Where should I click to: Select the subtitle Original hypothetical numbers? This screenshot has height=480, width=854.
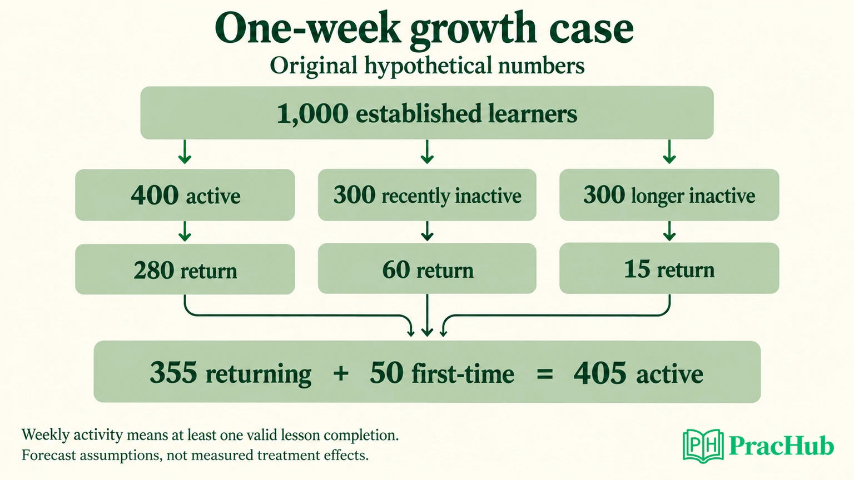point(427,66)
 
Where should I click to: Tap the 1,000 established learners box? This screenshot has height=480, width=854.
point(427,113)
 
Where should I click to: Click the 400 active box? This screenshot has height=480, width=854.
point(185,194)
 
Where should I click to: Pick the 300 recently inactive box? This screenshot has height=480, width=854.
point(427,194)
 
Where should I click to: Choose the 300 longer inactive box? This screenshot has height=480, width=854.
point(669,194)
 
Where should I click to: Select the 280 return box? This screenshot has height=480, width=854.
point(185,269)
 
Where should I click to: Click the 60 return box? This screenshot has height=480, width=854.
point(427,268)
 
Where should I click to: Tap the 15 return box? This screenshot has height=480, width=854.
point(669,268)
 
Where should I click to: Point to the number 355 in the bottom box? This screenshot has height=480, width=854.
point(173,372)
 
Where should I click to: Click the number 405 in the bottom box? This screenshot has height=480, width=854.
point(599,373)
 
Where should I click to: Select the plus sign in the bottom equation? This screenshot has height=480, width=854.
point(341,373)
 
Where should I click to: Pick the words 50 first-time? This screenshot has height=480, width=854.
point(442,373)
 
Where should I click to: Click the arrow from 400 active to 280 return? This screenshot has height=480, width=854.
point(185,231)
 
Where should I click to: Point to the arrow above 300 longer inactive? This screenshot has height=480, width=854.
point(669,152)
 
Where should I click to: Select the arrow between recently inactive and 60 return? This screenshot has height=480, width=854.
point(427,231)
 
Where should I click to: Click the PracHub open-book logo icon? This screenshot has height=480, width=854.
point(703,446)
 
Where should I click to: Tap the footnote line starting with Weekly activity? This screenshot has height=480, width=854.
point(210,435)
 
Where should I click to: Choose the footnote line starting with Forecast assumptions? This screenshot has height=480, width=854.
point(195,455)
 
